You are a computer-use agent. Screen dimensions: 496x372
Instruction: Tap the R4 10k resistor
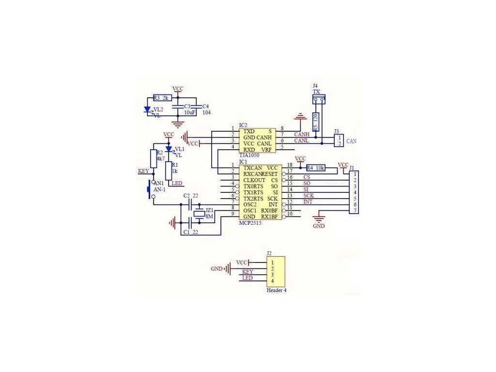point(315,168)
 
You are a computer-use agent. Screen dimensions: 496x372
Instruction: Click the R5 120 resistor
point(316,122)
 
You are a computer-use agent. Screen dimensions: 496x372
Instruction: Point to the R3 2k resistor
point(162,98)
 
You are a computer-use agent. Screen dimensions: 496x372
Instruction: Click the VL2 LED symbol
point(148,109)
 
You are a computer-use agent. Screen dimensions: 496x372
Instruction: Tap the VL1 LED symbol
point(169,149)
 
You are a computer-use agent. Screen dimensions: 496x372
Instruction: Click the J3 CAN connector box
point(339,140)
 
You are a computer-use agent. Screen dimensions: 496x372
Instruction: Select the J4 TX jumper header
point(319,100)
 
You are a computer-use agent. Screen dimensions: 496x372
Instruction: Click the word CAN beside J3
point(352,141)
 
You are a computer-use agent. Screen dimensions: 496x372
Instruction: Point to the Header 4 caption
point(277,291)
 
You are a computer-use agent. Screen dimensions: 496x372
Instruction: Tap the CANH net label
point(302,134)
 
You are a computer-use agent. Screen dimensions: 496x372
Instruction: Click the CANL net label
point(302,140)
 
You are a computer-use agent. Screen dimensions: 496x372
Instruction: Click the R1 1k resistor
point(168,170)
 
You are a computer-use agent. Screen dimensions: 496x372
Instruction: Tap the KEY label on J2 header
point(248,272)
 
